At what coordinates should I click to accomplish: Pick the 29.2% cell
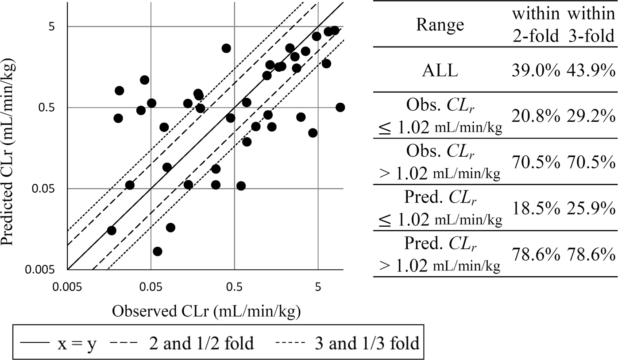coord(591,116)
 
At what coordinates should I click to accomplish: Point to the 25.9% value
coord(591,209)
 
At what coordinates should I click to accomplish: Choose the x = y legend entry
coord(61,344)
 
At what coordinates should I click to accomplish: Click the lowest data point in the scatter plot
coord(157,252)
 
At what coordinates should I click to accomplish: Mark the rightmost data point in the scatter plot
coord(340,107)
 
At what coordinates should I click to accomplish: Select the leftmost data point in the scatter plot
coord(112,231)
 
